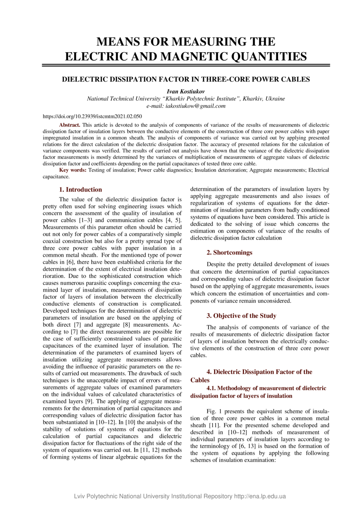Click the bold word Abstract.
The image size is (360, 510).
click(x=70, y=124)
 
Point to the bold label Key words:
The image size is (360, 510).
click(x=73, y=170)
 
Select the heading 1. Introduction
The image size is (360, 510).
click(x=81, y=190)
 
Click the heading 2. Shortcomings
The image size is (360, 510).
click(x=229, y=252)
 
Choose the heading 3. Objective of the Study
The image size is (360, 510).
click(x=241, y=316)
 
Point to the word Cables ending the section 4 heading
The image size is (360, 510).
click(x=200, y=380)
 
